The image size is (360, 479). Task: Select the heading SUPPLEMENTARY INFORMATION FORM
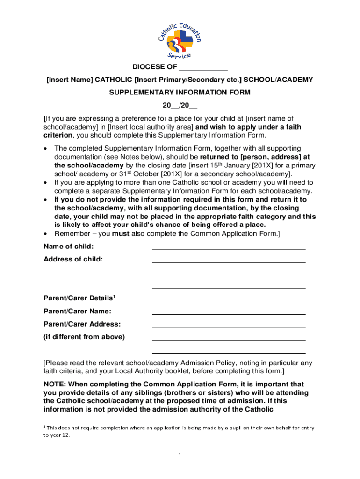180,93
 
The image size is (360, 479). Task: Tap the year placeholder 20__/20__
180,105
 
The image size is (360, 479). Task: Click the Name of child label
68,247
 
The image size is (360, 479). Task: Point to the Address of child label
73,259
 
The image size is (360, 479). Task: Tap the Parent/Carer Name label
77,311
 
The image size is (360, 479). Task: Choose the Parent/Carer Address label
82,324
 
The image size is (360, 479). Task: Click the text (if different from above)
84,337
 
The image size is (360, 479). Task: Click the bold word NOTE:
55,384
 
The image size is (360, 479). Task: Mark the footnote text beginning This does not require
178,428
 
